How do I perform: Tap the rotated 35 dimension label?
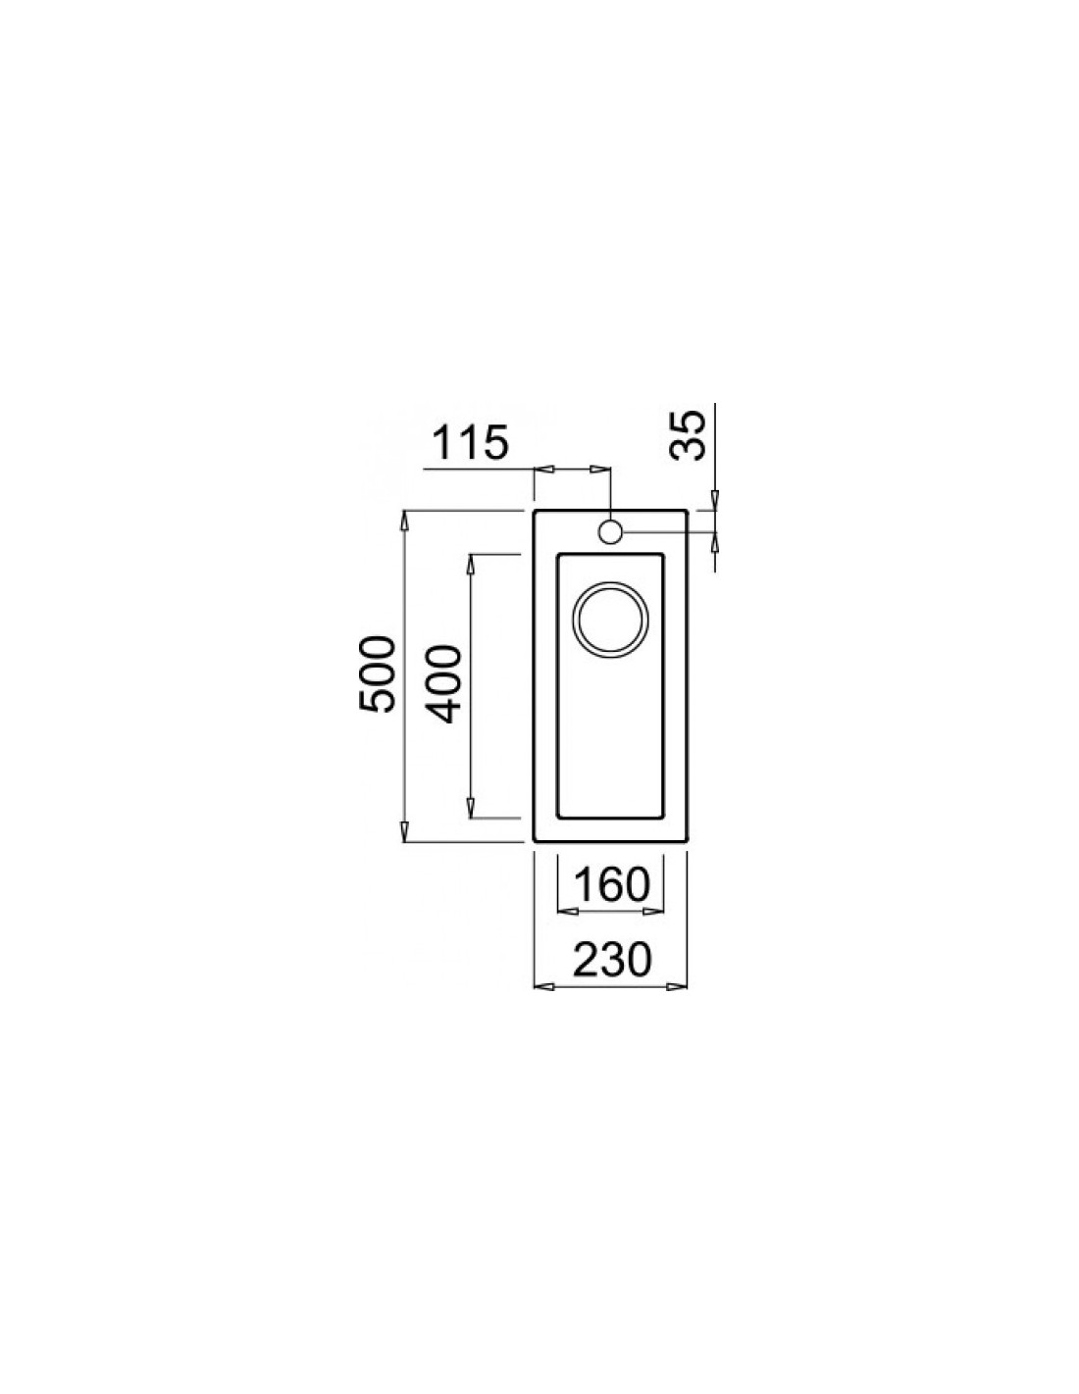point(687,435)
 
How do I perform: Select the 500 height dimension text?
point(376,673)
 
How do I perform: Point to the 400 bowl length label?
point(444,684)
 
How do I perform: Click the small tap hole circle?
point(610,531)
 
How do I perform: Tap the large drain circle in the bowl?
point(610,620)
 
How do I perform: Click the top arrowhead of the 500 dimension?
point(404,521)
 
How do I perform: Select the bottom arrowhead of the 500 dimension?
point(404,830)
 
